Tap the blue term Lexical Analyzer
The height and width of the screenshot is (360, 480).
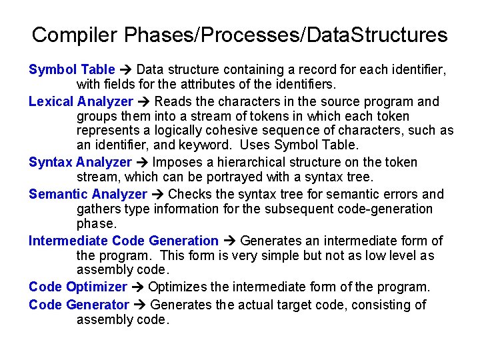tap(81, 101)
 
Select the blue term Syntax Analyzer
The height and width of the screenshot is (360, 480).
tap(80, 162)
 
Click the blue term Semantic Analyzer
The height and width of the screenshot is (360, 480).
tap(87, 194)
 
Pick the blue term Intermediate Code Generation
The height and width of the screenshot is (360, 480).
tap(123, 241)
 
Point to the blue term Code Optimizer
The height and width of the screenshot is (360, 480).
tap(77, 287)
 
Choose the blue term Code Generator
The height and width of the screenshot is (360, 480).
tap(79, 305)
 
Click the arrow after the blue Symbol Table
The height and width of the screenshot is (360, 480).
tap(126, 69)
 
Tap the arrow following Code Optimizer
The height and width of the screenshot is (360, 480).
tap(137, 287)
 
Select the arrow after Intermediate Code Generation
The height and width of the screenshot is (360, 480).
tap(229, 241)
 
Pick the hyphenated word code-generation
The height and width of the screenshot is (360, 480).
tap(383, 209)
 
